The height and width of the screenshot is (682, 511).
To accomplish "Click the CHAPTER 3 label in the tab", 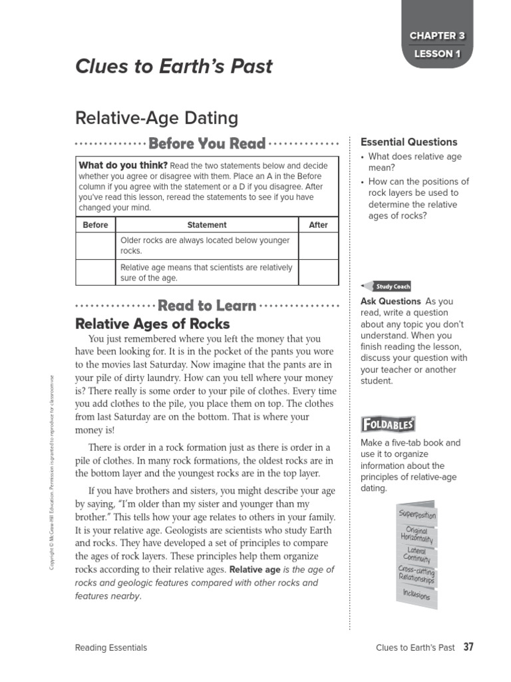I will pos(437,35).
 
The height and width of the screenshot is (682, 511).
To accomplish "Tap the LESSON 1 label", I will pos(437,55).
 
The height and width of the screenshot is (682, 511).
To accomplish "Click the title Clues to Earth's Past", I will pos(174,67).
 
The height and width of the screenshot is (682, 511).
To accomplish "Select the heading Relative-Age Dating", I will pos(156,119).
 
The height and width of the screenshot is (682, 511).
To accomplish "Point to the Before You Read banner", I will pos(207,143).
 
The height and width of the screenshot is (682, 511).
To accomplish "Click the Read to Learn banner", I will pos(207,306).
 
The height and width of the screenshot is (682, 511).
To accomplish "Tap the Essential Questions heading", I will pos(409,142).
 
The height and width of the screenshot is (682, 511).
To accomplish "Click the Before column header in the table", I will pos(95,225).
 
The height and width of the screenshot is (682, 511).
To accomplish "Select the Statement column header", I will pos(206,225).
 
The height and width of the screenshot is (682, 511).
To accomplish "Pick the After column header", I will pos(318,225).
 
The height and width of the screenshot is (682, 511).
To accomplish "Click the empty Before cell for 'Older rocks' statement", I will pos(95,246).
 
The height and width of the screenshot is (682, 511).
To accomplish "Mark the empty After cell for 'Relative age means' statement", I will pos(318,272).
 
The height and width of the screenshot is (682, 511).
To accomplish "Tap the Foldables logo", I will pos(388,424).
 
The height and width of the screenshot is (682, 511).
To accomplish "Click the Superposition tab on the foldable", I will pos(417,515).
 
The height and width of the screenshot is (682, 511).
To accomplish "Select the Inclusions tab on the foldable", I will pos(415,593).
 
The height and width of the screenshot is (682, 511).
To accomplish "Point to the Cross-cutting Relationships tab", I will pos(417,574).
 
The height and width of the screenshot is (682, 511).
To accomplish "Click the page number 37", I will pos(468,647).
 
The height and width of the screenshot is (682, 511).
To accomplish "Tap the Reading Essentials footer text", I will pos(111,647).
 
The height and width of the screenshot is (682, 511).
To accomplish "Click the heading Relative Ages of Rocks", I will pos(152,324).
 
